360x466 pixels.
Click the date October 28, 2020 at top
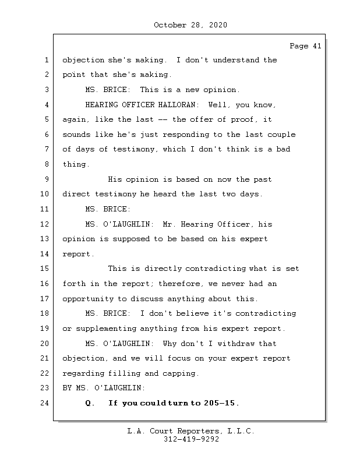[x=190, y=25]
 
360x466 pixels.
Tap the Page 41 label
[x=305, y=47]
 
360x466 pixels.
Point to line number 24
[x=45, y=403]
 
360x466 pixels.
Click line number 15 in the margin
[x=45, y=269]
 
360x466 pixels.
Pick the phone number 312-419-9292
[x=190, y=440]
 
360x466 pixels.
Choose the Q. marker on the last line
[x=90, y=403]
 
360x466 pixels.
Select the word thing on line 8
[x=75, y=165]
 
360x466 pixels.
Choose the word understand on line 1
[x=224, y=60]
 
